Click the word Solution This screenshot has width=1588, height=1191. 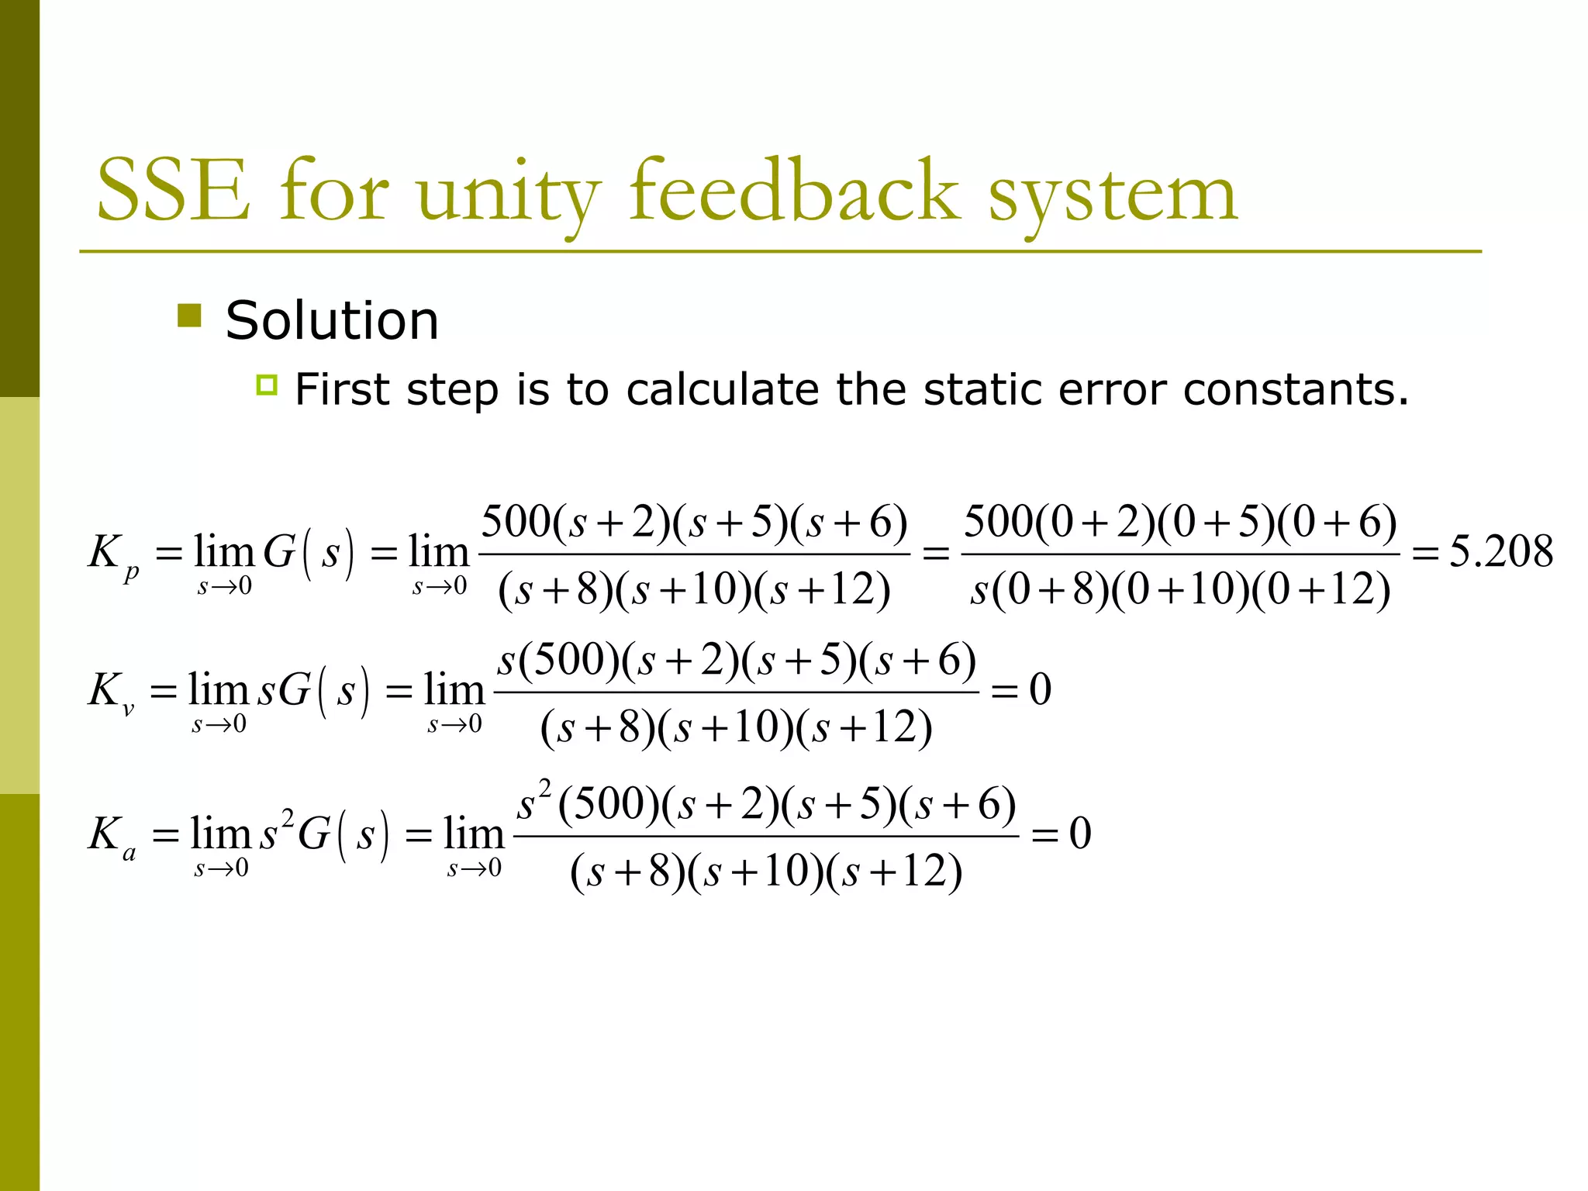coord(332,320)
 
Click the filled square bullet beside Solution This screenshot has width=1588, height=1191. coord(189,316)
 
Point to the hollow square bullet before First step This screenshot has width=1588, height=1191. coord(266,385)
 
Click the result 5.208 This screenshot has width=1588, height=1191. coord(1500,552)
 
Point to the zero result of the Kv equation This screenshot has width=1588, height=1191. coord(1040,689)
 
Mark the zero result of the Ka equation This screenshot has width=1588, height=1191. coord(1080,834)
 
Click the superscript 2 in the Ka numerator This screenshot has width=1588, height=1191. coord(545,790)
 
